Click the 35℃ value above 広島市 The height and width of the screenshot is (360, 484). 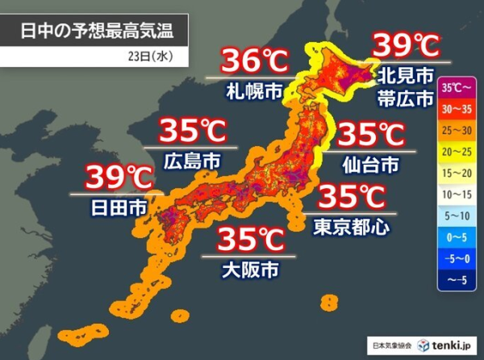click(192, 131)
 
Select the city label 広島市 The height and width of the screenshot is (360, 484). click(192, 159)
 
